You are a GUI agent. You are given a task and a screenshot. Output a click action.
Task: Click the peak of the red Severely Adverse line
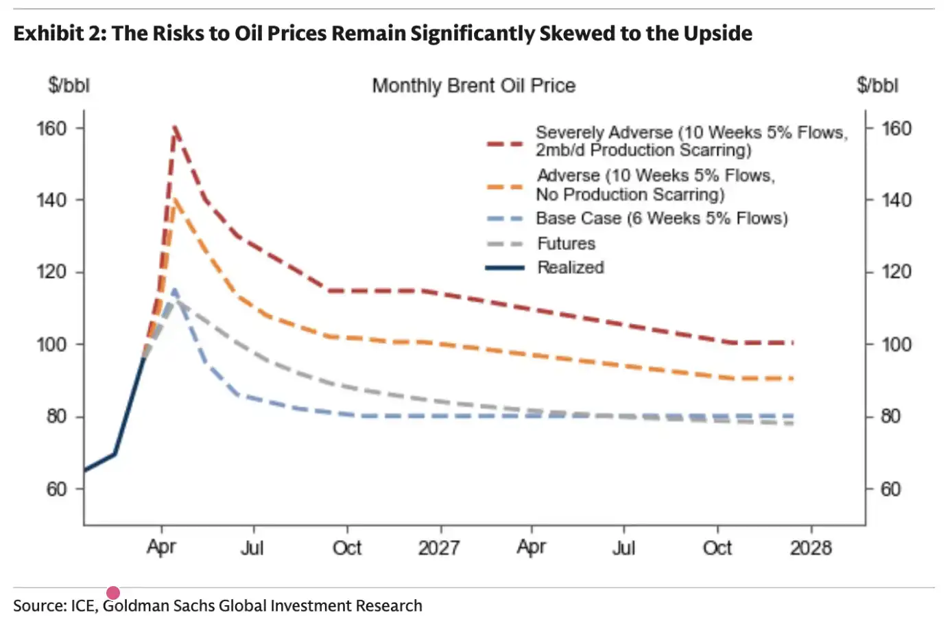(175, 127)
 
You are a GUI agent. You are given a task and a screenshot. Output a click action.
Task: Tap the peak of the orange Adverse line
(174, 200)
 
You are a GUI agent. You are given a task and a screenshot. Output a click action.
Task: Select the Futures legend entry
(566, 244)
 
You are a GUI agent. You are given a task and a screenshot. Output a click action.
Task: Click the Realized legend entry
(570, 268)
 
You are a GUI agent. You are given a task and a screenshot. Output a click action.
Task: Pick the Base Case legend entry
(661, 218)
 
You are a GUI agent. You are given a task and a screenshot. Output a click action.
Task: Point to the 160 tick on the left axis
(51, 128)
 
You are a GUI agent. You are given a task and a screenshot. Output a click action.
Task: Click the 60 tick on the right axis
(890, 489)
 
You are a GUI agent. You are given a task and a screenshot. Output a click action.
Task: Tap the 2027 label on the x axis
(439, 548)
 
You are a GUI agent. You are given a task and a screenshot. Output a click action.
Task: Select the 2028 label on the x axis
(811, 548)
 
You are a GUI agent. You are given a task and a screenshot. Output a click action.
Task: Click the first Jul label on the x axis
(252, 548)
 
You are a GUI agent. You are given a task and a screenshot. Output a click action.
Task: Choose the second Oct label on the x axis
(717, 548)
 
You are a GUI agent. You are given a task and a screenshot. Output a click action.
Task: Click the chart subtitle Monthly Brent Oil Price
(473, 86)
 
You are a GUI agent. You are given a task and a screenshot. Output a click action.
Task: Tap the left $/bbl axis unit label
(69, 86)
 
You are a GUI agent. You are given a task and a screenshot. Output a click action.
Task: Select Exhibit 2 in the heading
(57, 33)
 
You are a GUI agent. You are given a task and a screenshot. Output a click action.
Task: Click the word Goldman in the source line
(135, 605)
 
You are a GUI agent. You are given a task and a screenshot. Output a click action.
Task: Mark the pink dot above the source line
(113, 593)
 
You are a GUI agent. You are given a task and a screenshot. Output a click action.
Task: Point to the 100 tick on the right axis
(896, 344)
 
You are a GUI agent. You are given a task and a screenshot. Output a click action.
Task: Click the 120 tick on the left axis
(51, 272)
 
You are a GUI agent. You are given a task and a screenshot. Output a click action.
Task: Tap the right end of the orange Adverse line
(792, 378)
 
